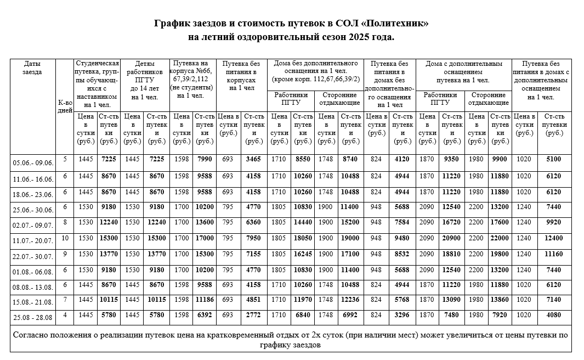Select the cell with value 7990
pos(205,159)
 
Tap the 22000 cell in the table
pos(500,238)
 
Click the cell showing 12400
pos(554,238)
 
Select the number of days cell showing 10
pos(65,238)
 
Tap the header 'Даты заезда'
pos(32,67)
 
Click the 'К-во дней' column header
pos(65,106)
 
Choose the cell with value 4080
pos(554,315)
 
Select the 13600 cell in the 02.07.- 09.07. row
pos(205,223)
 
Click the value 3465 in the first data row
pos(253,159)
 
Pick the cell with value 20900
pos(452,238)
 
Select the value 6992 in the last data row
pos(350,315)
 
